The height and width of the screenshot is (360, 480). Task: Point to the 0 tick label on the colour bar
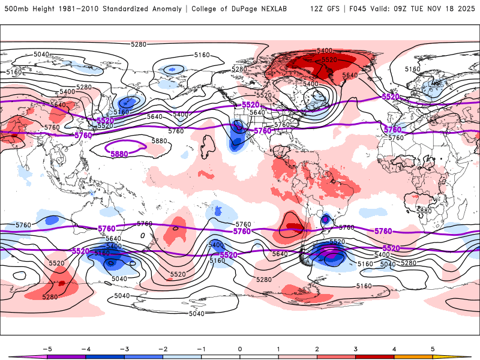click(x=239, y=349)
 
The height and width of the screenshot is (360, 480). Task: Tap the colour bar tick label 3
click(x=355, y=349)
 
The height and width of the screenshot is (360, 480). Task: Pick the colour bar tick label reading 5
click(x=433, y=349)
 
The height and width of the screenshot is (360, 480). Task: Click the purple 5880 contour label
click(x=119, y=154)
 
